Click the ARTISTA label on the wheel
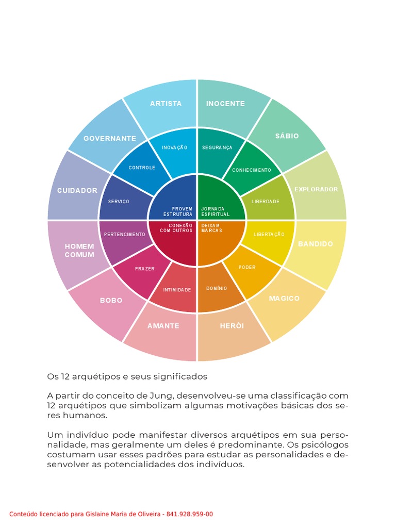[166, 104]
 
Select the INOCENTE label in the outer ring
[225, 104]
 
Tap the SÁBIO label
[287, 136]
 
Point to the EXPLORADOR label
[316, 189]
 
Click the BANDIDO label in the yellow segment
[316, 244]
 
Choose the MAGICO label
[284, 299]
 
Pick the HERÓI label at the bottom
[232, 326]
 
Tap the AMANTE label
[163, 326]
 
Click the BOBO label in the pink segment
[111, 300]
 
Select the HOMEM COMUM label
[79, 251]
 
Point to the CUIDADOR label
[77, 190]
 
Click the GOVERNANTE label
[110, 138]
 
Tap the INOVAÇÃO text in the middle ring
[175, 147]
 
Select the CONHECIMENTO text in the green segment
[252, 170]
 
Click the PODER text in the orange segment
[247, 268]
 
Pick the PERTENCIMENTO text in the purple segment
[125, 235]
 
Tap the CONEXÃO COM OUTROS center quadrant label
[176, 228]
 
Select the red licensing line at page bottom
[111, 514]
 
